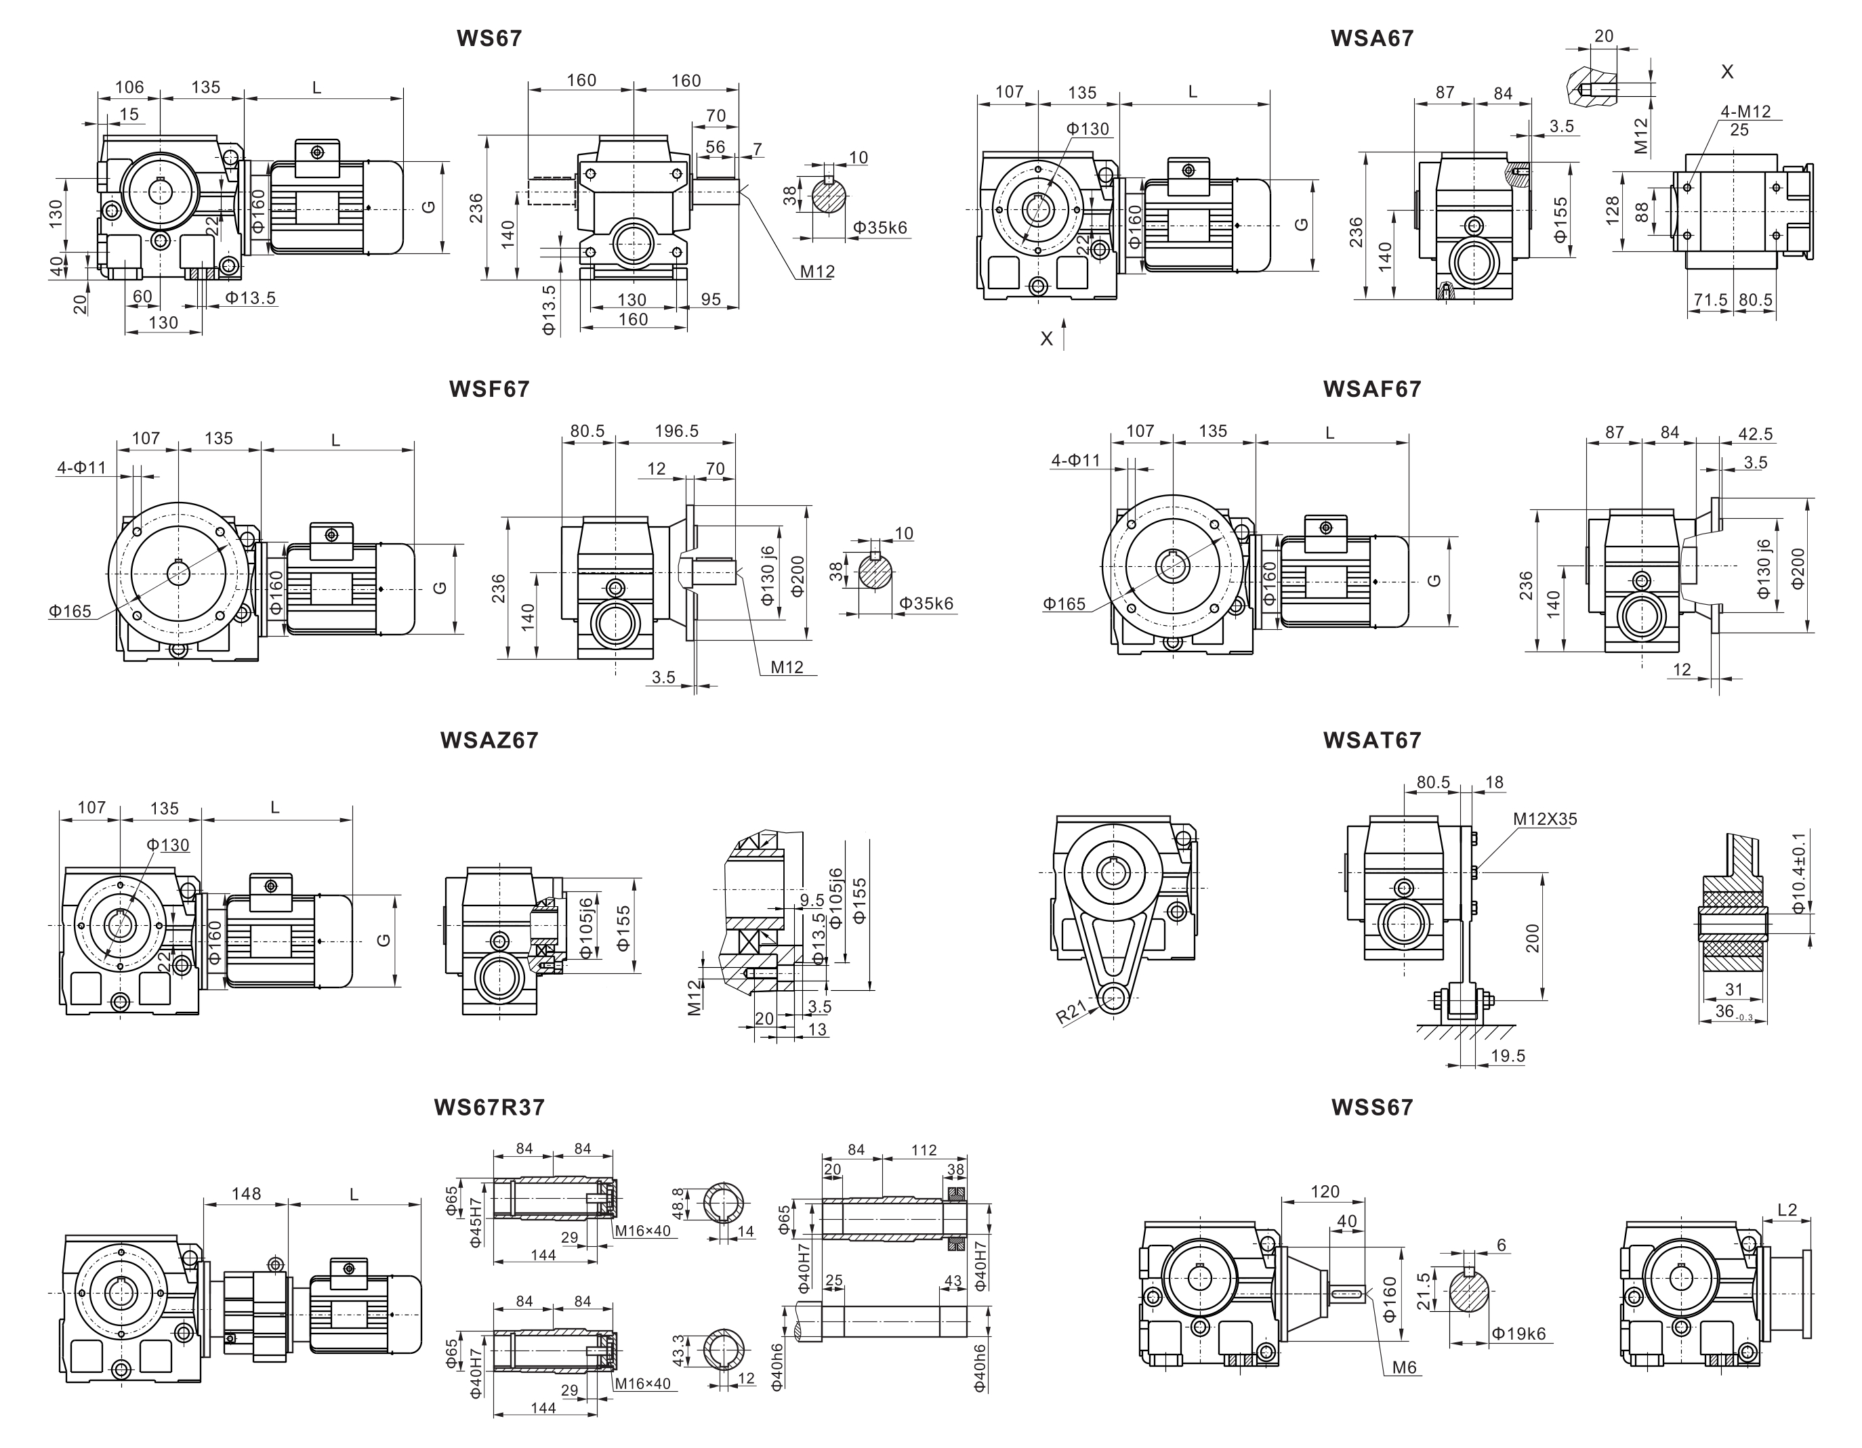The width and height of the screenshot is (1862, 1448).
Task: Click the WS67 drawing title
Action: pos(489,39)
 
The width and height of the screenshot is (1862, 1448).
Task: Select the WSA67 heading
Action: pos(1372,39)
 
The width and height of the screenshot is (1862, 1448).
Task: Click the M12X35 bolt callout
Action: pos(1545,819)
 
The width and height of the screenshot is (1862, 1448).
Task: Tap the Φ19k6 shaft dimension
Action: pos(1518,1334)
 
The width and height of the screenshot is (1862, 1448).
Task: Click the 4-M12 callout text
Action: pos(1745,112)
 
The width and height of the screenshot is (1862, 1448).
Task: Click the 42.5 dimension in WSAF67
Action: pos(1754,434)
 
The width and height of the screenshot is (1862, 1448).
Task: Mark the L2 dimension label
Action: pos(1787,1210)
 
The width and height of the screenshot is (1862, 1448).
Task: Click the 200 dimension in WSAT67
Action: pos(1533,937)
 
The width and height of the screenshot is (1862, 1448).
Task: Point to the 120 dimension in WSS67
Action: pos(1325,1191)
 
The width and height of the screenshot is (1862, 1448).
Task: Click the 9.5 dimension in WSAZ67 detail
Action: pos(812,900)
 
